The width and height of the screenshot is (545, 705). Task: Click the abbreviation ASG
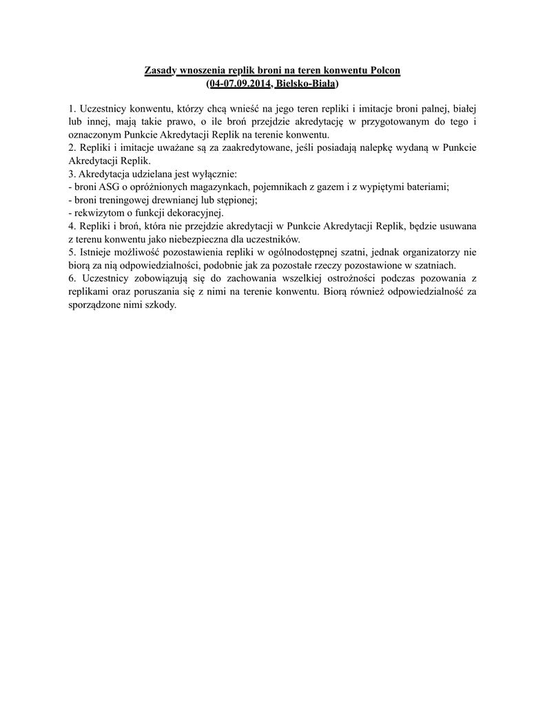tap(110, 187)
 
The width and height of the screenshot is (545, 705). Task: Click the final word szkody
tap(161, 304)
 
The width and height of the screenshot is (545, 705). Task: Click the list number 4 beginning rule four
tap(72, 226)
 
